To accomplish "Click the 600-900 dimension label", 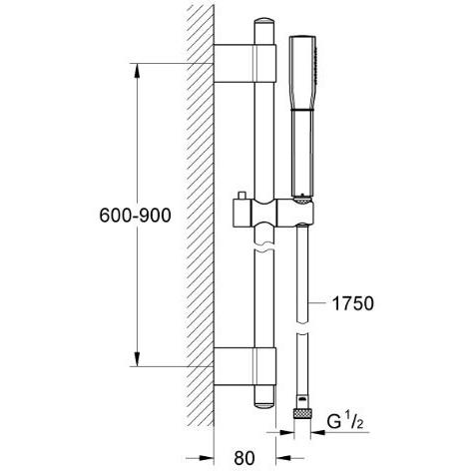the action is click(x=135, y=216).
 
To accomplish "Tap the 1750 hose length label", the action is click(x=353, y=303).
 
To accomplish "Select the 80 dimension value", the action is click(x=244, y=458).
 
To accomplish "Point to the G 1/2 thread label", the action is click(x=345, y=422).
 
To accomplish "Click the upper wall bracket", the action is click(x=244, y=63).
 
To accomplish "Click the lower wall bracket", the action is click(x=244, y=366).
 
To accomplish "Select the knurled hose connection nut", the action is click(x=302, y=414).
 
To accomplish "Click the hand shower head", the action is click(x=303, y=72).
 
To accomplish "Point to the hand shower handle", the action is click(x=302, y=153).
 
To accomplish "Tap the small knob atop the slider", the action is click(x=240, y=196).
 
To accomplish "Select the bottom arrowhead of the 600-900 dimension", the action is click(x=137, y=359).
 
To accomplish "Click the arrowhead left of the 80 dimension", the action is click(x=207, y=458).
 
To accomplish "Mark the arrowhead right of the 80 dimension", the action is click(x=283, y=458).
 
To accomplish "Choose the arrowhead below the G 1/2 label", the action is click(x=317, y=432).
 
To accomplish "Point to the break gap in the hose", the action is click(x=302, y=328).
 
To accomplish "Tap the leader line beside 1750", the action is click(x=318, y=303).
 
